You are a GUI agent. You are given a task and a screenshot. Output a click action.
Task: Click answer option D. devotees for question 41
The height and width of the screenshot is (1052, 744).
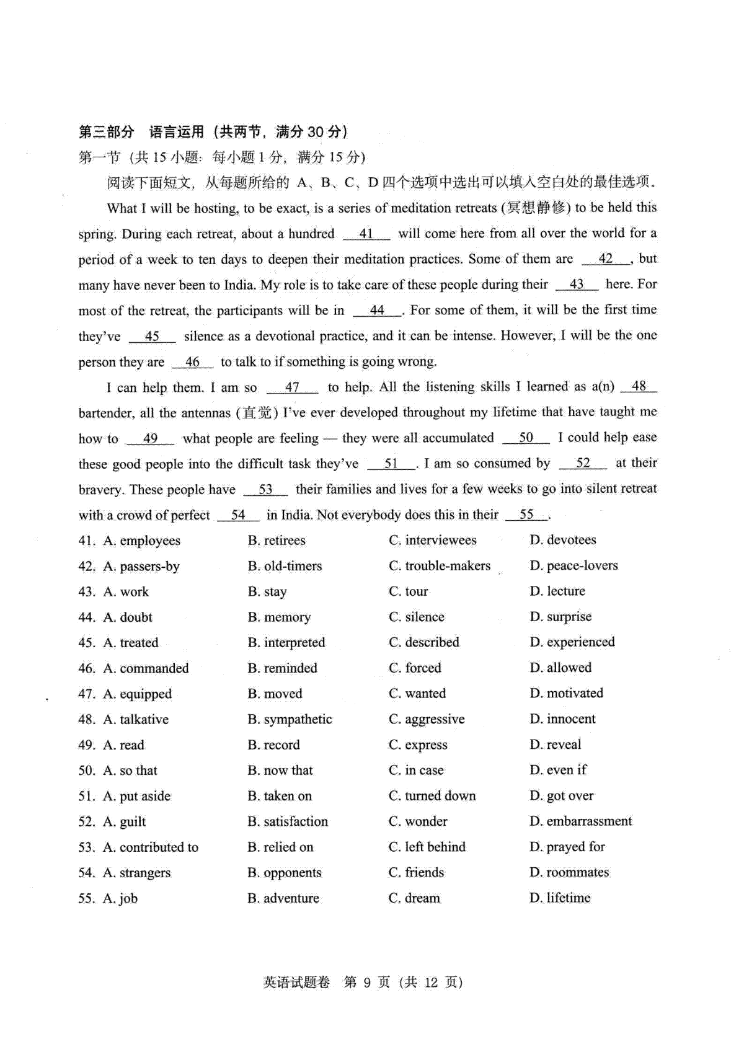pos(563,540)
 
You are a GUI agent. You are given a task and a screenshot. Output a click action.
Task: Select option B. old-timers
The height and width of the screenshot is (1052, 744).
pos(285,566)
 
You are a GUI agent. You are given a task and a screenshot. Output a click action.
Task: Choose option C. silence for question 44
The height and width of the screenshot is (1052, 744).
pos(417,617)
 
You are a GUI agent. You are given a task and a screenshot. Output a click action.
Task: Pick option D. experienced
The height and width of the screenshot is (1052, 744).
pos(572,642)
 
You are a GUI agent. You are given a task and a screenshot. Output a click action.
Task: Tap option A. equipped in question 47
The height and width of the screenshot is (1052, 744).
pos(138,694)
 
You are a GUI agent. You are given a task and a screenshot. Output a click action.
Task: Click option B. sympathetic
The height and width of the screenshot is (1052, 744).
pos(290,720)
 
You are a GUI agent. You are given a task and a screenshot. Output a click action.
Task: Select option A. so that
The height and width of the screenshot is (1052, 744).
pos(130,771)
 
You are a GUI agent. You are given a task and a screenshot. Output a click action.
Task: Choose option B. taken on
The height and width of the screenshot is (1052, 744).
pos(280,796)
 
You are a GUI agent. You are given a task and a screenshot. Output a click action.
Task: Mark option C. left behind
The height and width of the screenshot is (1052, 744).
pos(427,847)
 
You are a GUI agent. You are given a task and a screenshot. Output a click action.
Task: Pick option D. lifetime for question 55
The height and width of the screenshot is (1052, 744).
pos(560,898)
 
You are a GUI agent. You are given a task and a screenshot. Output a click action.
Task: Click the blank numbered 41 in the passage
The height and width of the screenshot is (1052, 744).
pos(366,234)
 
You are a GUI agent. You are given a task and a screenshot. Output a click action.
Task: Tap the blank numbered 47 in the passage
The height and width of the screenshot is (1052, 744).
pos(292,387)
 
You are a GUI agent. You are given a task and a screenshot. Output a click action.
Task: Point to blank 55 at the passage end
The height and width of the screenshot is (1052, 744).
pos(526,515)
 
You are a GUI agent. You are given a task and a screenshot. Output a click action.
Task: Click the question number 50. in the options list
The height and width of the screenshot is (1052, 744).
pos(87,771)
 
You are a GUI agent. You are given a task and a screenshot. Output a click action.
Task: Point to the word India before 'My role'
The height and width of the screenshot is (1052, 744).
pos(237,285)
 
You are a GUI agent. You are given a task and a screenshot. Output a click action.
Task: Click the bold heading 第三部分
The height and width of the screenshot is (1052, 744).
pos(107,131)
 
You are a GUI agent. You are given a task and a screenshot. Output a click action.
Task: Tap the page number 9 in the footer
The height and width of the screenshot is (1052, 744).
pos(368,982)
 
